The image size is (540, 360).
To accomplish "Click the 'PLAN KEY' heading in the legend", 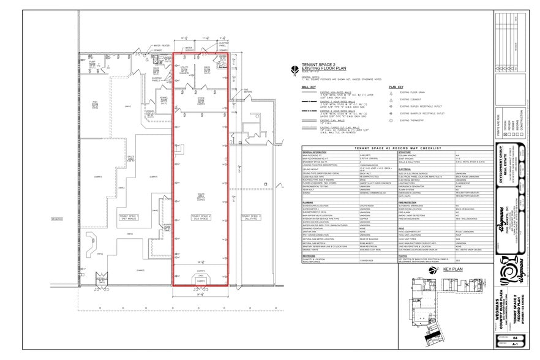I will (396, 87).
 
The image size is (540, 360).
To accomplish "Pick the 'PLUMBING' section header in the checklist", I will (310, 201).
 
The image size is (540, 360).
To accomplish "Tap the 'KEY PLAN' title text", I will (455, 269).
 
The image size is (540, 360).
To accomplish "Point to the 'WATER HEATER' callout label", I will (161, 45).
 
